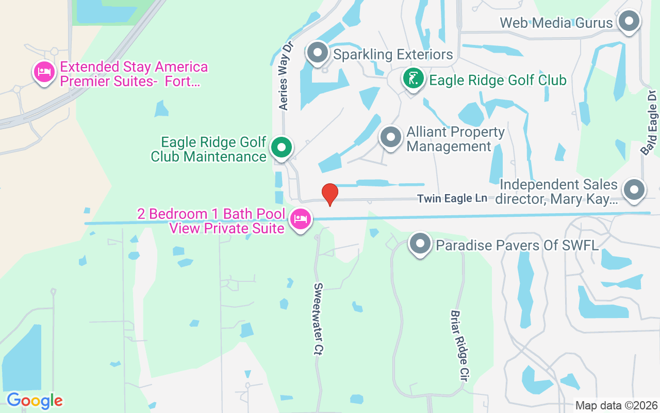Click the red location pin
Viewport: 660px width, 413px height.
[329, 194]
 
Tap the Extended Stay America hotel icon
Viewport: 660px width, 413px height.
[44, 72]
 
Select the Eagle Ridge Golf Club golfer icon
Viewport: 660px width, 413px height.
[413, 79]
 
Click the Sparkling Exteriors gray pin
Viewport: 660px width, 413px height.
[318, 53]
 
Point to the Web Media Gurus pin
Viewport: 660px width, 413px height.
[629, 22]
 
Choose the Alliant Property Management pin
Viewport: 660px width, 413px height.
[390, 138]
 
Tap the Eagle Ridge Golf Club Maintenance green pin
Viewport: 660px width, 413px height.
[281, 148]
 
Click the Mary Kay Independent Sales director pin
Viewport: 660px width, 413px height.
[634, 190]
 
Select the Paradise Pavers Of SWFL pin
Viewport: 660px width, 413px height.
[420, 243]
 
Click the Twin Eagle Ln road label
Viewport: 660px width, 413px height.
[452, 198]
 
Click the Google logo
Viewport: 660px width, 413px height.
[35, 401]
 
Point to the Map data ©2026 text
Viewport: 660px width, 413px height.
[617, 405]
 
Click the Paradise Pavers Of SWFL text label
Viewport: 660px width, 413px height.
[517, 245]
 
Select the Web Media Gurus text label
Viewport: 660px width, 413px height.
[556, 23]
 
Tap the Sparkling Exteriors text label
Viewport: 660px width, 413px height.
[393, 54]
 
